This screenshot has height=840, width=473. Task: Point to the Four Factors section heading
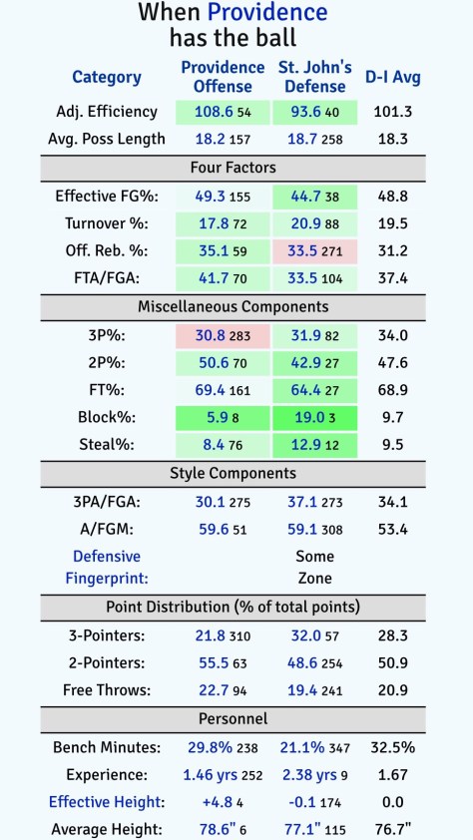tap(236, 168)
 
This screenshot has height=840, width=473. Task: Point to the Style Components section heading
tap(236, 472)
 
